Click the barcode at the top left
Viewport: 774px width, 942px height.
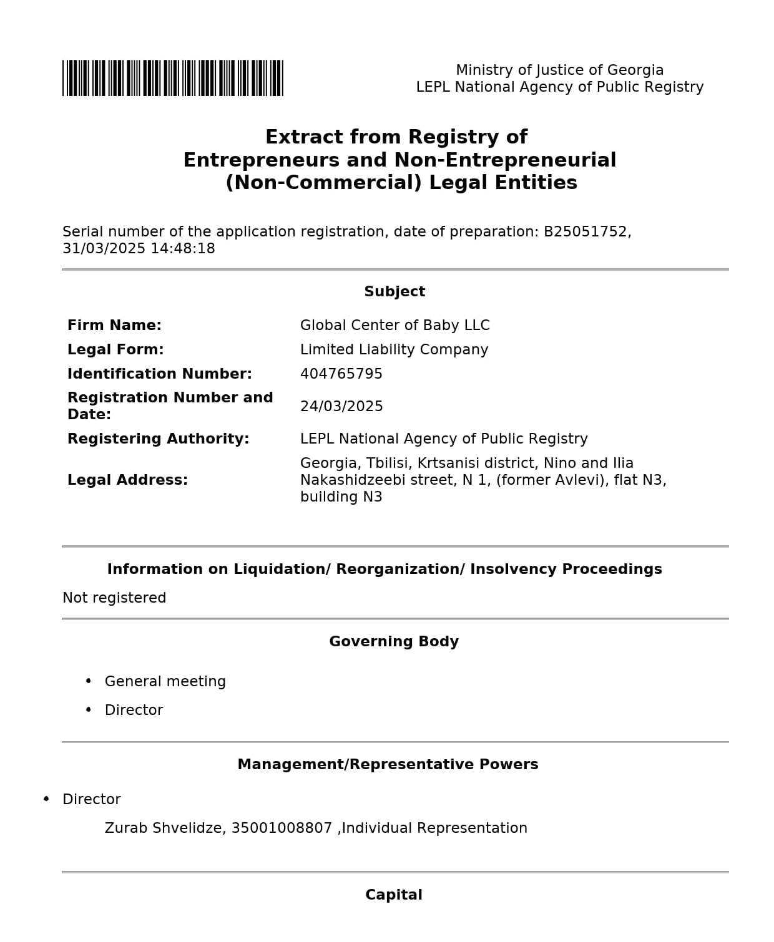172,78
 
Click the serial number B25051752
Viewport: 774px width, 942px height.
585,232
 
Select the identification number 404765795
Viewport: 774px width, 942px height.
341,374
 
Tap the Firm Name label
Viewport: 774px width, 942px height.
114,326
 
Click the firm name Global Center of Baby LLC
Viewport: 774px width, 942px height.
394,326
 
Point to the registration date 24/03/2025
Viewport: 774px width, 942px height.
341,407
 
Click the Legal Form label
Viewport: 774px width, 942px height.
115,350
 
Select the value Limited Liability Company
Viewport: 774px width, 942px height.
394,350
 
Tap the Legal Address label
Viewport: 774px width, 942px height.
127,480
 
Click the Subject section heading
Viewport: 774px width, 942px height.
394,292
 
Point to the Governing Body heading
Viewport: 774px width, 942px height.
394,642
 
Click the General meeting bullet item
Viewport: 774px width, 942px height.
165,682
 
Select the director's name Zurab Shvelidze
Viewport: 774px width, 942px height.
164,828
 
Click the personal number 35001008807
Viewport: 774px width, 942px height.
282,828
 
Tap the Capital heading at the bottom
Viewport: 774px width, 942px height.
394,895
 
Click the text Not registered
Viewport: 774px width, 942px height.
114,598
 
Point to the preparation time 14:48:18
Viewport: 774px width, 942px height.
182,249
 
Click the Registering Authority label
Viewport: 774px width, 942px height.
158,439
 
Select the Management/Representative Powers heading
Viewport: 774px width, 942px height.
388,765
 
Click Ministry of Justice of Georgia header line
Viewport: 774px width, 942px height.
559,70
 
